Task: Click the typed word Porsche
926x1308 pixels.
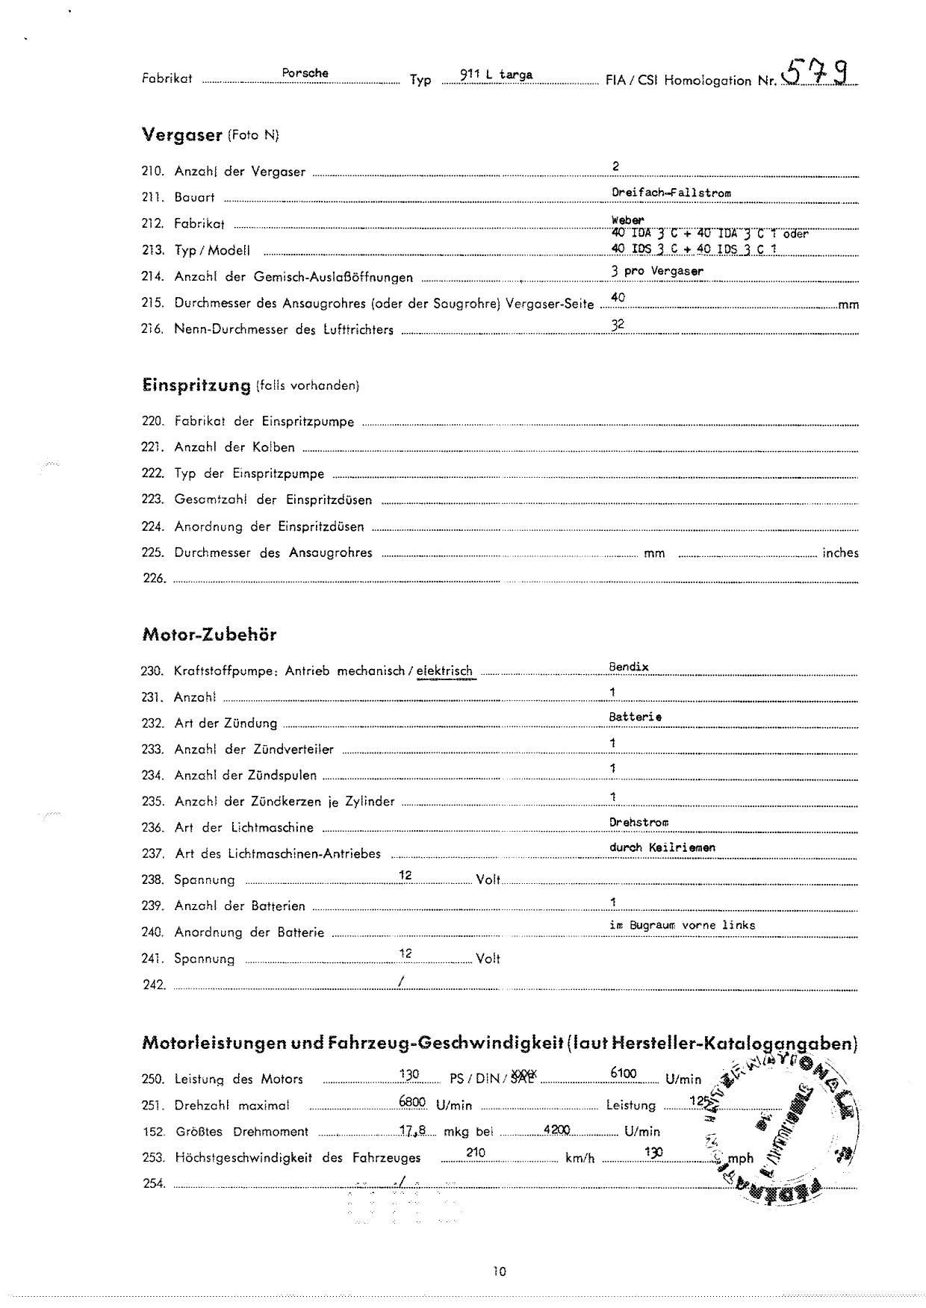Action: pos(305,73)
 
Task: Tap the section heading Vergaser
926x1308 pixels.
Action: pos(182,135)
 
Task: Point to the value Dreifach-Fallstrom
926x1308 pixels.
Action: pos(671,193)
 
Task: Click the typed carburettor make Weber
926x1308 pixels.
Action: pos(627,220)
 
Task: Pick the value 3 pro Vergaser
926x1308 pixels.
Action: pos(657,271)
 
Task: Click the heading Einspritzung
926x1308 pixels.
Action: pos(196,385)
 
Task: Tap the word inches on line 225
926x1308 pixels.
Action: pos(840,553)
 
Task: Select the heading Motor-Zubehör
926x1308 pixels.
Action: pos(209,635)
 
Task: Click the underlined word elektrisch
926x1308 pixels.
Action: pos(445,671)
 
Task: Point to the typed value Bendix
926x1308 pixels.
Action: pos(629,667)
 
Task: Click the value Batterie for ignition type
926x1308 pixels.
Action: pos(636,717)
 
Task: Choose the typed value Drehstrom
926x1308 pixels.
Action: pos(638,822)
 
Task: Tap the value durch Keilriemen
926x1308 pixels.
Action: pos(662,847)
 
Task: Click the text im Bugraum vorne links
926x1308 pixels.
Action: pos(682,925)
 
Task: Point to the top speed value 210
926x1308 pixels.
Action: pos(476,1153)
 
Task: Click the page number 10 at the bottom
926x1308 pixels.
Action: pos(500,1271)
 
